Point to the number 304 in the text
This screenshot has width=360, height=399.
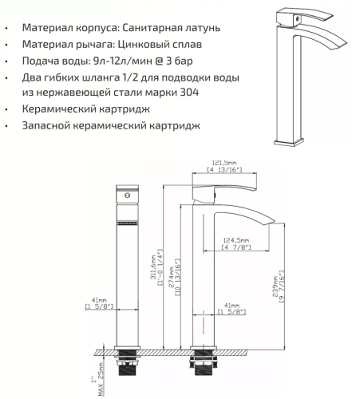[188, 93]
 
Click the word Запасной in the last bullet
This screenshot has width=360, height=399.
[51, 125]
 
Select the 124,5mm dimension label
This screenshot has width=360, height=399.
[237, 239]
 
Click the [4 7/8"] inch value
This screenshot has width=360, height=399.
[237, 248]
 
